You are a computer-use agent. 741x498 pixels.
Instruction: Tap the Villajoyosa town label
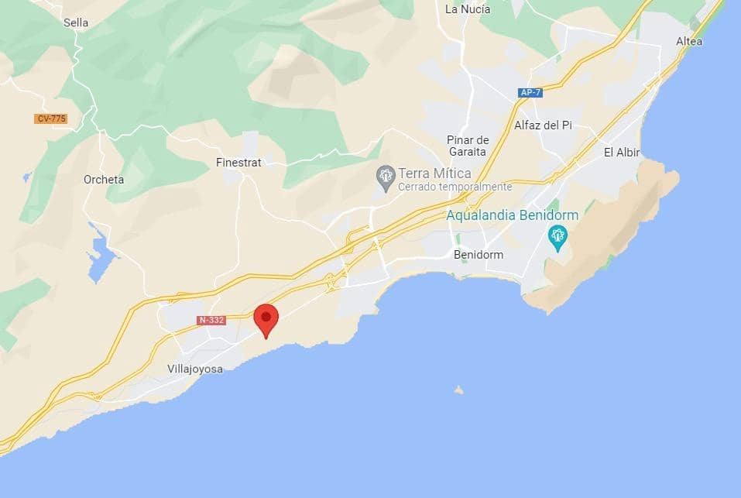click(195, 369)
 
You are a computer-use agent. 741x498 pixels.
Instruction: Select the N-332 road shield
click(211, 320)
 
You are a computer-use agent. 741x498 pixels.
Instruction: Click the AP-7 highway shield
click(530, 93)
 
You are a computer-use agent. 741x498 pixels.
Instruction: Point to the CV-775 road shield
click(51, 118)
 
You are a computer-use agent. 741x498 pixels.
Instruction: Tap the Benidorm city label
click(478, 255)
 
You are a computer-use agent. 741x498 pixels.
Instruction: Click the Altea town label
click(689, 41)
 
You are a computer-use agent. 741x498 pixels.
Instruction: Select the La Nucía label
click(468, 9)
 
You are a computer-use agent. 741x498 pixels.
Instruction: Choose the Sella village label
click(76, 22)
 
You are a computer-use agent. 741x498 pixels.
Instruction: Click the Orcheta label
click(104, 180)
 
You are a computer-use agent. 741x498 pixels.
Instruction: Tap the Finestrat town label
click(238, 163)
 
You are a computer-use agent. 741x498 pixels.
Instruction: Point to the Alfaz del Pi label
click(543, 125)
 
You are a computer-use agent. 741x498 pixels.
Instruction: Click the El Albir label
click(622, 153)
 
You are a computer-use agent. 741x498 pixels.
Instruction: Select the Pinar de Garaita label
click(468, 146)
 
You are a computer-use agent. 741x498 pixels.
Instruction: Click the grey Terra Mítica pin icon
click(385, 176)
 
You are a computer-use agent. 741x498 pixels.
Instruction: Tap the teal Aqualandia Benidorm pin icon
click(557, 235)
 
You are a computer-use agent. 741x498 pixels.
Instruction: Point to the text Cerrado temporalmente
click(455, 187)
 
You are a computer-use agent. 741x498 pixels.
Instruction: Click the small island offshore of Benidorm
click(459, 390)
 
